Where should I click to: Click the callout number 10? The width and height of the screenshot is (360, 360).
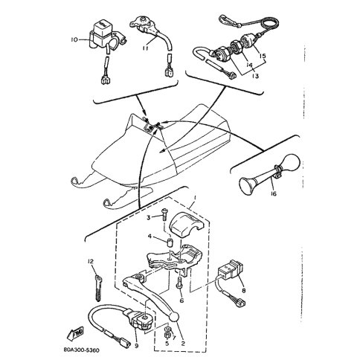click(x=74, y=39)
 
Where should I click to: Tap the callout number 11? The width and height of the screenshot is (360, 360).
click(x=146, y=48)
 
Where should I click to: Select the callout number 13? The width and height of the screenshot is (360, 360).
click(x=255, y=76)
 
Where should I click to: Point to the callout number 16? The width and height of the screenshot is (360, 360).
click(x=273, y=193)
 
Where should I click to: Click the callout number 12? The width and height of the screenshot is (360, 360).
click(x=91, y=261)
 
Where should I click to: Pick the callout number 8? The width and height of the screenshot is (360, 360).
click(x=243, y=290)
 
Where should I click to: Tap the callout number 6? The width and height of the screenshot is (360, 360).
click(x=181, y=300)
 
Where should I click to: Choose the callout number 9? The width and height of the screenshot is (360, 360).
click(x=137, y=346)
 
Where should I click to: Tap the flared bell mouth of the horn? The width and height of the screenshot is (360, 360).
click(x=248, y=186)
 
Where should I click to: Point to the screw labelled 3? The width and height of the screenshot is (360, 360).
click(x=164, y=216)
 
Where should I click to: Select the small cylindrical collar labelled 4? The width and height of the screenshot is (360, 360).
click(x=170, y=242)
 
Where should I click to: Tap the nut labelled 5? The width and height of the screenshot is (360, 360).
click(x=167, y=336)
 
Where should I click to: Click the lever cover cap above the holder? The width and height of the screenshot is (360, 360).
click(x=185, y=223)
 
